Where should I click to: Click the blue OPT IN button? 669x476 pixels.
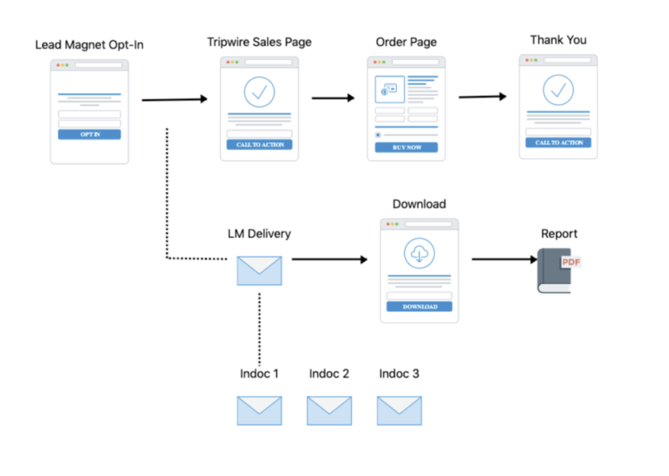(x=89, y=134)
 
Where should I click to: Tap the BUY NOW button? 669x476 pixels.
(x=406, y=148)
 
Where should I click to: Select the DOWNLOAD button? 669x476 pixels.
(x=419, y=307)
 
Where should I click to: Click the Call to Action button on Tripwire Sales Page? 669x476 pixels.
(x=260, y=144)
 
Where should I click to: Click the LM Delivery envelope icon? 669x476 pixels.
(x=260, y=271)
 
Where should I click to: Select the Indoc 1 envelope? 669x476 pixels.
(x=260, y=411)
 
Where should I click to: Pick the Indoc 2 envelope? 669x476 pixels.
(x=330, y=411)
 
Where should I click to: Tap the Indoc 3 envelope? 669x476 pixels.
(x=400, y=411)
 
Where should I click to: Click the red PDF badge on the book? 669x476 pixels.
(x=571, y=262)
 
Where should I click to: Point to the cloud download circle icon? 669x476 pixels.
(x=419, y=253)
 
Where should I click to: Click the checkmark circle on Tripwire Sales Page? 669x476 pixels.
(x=260, y=92)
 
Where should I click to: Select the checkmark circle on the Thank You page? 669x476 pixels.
(x=558, y=90)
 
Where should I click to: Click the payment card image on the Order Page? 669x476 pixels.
(x=390, y=89)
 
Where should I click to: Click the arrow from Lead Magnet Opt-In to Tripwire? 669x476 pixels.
(x=175, y=99)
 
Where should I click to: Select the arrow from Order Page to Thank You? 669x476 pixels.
(x=483, y=97)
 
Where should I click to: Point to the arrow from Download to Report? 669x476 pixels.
(x=505, y=259)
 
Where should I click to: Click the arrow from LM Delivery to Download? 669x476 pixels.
(x=330, y=259)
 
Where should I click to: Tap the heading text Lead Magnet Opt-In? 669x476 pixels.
(x=89, y=45)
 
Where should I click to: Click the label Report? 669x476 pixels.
(x=559, y=234)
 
